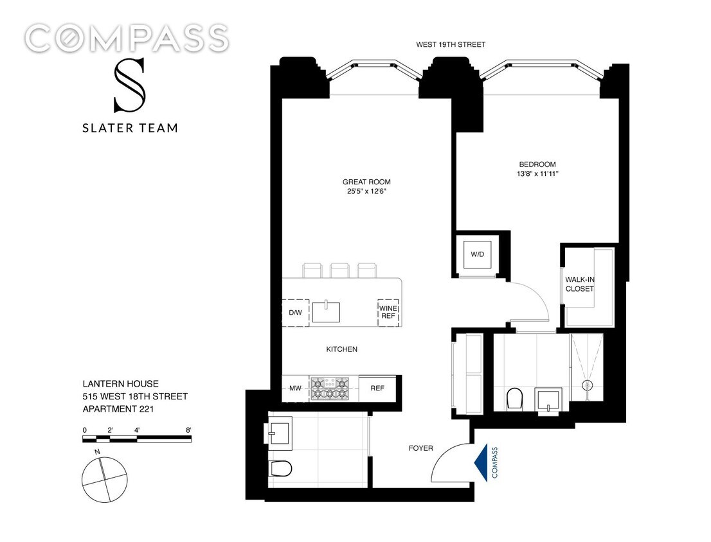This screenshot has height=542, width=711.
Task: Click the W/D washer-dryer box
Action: click(x=477, y=254)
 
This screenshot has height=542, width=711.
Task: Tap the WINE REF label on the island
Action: click(x=388, y=313)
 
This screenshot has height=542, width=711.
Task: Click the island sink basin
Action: click(x=327, y=312)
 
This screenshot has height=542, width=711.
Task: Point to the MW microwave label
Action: click(x=294, y=388)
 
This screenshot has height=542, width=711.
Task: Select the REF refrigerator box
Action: click(x=377, y=388)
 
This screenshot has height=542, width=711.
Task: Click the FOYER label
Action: click(x=421, y=448)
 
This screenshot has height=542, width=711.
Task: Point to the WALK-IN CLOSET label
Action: click(x=580, y=284)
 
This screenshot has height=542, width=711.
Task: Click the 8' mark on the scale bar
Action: click(x=188, y=430)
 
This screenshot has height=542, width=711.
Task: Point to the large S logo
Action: click(x=129, y=85)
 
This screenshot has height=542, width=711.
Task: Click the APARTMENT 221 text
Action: click(x=116, y=408)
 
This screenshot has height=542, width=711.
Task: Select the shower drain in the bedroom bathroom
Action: click(x=586, y=385)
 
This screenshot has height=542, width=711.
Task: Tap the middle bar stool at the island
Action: click(x=339, y=270)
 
